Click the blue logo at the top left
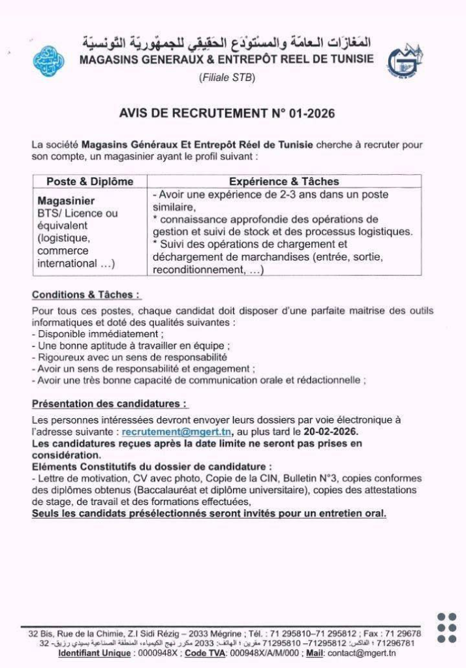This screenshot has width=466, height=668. click(x=48, y=61)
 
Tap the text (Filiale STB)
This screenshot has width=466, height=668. click(x=226, y=78)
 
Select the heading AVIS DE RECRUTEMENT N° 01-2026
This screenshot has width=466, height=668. click(x=226, y=114)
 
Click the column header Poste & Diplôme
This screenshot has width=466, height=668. click(x=89, y=181)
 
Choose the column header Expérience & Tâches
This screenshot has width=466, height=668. click(x=284, y=181)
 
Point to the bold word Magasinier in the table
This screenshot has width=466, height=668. click(x=66, y=201)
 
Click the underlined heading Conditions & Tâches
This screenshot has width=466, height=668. click(x=86, y=294)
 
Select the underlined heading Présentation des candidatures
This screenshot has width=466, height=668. click(x=109, y=404)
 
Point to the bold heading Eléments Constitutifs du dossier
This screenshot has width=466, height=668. click(x=151, y=466)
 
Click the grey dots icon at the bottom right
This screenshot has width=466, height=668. click(x=446, y=628)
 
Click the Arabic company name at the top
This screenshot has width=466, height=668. click(x=226, y=43)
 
